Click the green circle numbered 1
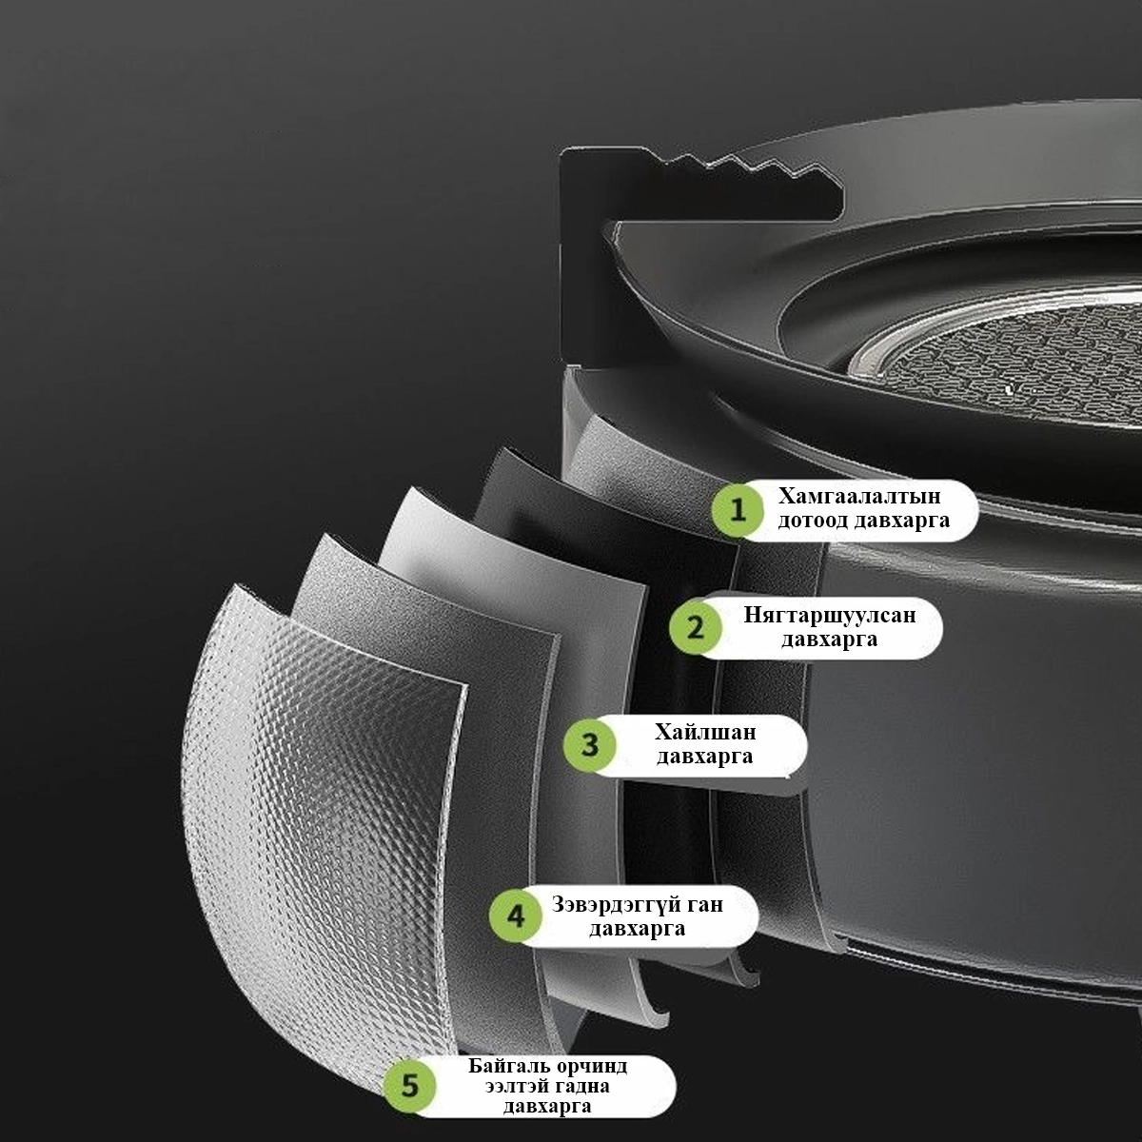point(738,510)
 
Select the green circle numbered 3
point(589,745)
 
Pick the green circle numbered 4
point(515,916)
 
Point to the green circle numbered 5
point(409,1086)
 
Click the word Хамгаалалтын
point(858,496)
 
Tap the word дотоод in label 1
point(813,521)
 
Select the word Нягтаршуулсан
point(830,615)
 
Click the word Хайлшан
point(705,732)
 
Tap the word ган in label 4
point(705,906)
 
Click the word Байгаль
point(506,1066)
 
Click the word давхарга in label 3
point(704,757)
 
